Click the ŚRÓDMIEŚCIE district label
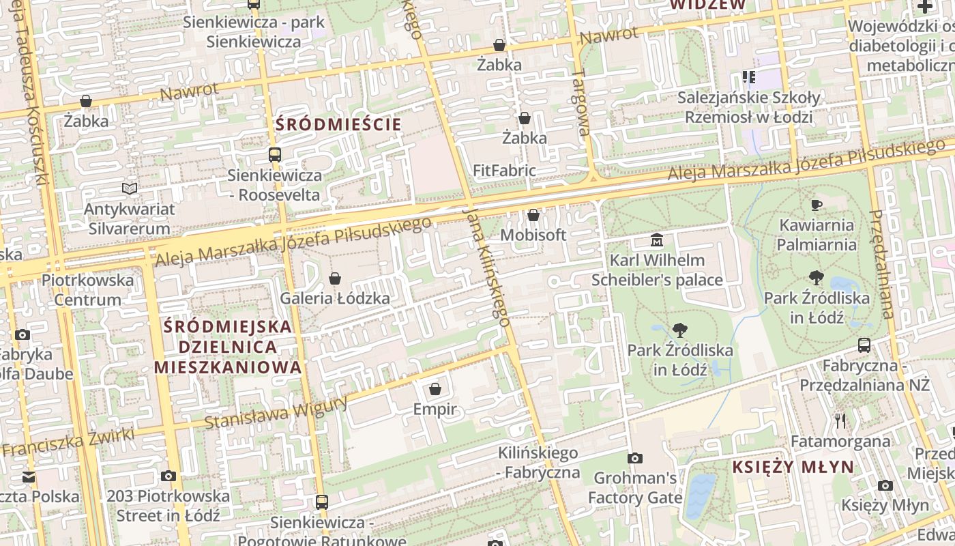338,124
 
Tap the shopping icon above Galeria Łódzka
335,278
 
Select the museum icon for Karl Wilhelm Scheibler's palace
657,240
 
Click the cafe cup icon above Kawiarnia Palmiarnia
816,205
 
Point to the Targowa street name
581,102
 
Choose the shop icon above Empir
435,390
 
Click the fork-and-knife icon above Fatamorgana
840,421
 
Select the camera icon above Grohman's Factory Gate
635,458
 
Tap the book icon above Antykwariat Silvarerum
129,188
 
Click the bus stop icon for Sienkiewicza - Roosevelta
275,155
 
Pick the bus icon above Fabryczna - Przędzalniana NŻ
864,345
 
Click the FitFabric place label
505,170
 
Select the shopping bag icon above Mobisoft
533,216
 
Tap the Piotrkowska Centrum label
88,289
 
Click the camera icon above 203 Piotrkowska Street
168,476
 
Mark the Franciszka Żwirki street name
57,442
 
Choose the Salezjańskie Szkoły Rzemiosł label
748,106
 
